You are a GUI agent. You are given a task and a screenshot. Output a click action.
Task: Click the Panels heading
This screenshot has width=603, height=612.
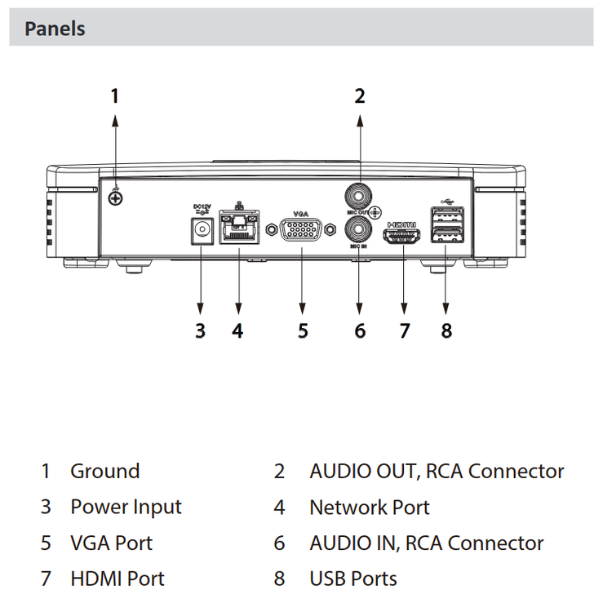(x=55, y=29)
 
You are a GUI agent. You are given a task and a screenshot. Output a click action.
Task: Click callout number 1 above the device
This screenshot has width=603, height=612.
(x=115, y=95)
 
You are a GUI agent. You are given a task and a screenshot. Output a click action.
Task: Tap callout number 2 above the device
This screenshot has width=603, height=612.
(x=359, y=95)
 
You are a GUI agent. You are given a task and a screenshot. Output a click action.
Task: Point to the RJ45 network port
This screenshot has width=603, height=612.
(x=238, y=230)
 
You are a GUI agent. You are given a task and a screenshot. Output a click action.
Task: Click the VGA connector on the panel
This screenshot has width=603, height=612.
(x=302, y=232)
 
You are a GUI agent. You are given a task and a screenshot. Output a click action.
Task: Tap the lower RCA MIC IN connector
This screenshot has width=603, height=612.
(x=359, y=228)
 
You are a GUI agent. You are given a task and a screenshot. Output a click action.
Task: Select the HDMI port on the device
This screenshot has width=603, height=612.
(x=403, y=237)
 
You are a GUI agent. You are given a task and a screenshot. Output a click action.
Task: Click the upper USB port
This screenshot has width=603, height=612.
(x=446, y=217)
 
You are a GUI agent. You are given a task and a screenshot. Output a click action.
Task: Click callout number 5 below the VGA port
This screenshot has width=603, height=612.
(x=303, y=330)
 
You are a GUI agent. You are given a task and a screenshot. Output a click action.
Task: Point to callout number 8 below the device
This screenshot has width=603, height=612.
(x=446, y=330)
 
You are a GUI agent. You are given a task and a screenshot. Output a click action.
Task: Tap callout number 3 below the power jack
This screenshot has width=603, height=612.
(x=200, y=330)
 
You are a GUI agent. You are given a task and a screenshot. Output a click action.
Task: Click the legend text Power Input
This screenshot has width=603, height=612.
(x=126, y=507)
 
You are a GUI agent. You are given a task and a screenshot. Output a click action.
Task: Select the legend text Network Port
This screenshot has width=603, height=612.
(x=369, y=507)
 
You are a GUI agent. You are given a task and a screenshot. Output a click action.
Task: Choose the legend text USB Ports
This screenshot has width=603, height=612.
(x=352, y=579)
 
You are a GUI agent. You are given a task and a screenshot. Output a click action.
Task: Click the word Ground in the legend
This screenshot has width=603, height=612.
(x=104, y=471)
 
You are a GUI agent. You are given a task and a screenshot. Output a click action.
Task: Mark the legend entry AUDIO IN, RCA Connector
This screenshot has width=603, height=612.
(x=426, y=543)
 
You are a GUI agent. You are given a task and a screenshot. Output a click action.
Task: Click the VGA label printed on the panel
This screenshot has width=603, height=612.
(x=300, y=209)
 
